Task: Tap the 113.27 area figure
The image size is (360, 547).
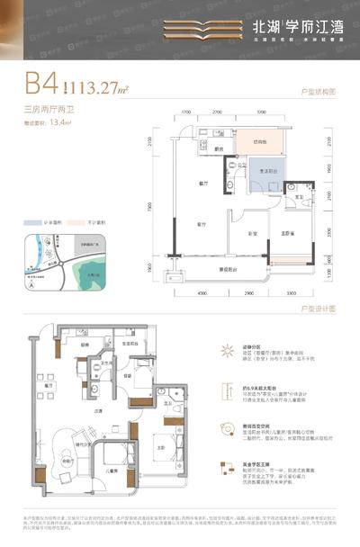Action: pyautogui.click(x=99, y=88)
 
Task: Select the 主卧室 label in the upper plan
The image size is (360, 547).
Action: pyautogui.click(x=283, y=235)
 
